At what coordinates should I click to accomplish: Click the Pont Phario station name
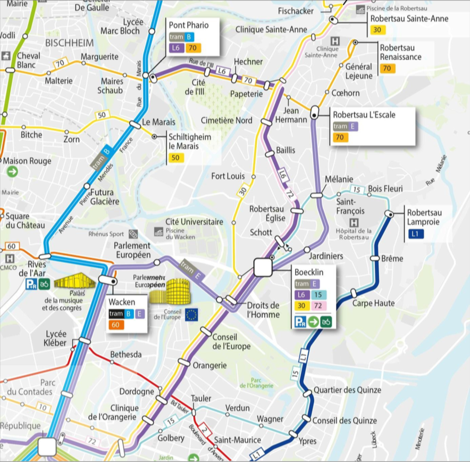click(x=189, y=25)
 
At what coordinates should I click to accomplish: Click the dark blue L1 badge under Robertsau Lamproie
click(x=415, y=234)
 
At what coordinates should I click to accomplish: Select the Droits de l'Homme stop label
click(x=263, y=310)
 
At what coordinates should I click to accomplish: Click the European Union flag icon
click(x=191, y=315)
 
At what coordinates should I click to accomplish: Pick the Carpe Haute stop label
click(x=374, y=303)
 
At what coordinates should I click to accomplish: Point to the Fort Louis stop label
click(x=228, y=176)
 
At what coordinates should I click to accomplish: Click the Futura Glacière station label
click(x=105, y=197)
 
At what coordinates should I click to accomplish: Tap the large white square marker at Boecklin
click(x=263, y=267)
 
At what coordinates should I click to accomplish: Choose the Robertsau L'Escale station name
click(x=364, y=114)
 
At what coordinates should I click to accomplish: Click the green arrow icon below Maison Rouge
click(x=12, y=172)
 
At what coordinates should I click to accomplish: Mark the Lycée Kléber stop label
click(x=56, y=339)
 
